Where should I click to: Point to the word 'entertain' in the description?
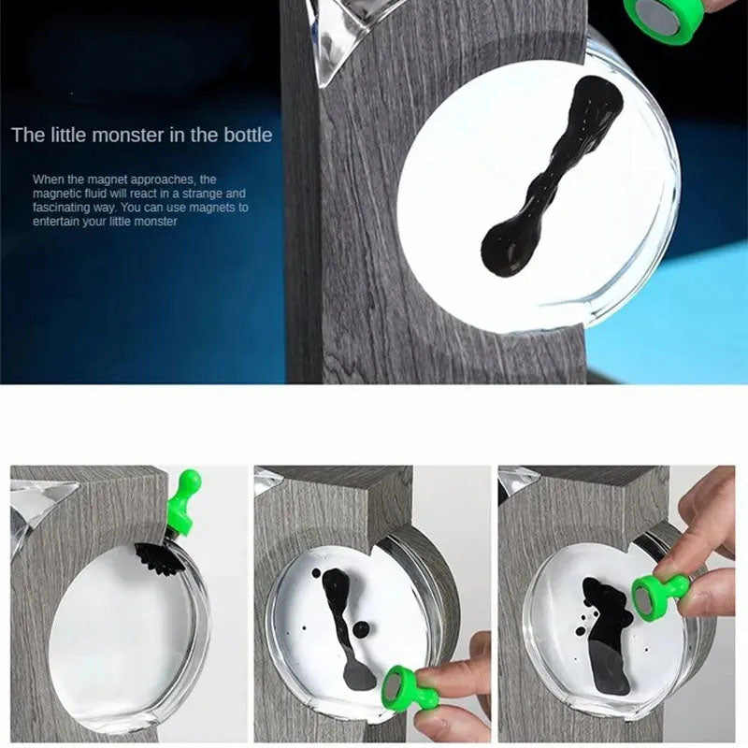click(58, 222)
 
